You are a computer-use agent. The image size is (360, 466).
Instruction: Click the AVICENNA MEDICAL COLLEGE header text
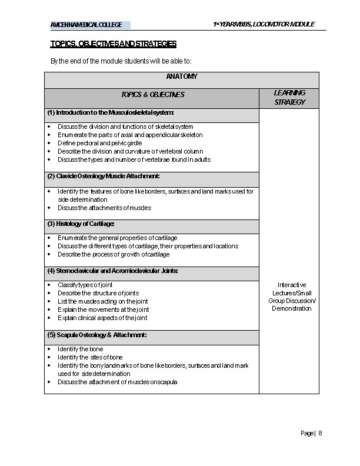86,25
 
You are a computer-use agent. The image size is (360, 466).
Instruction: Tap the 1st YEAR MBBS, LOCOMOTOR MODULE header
264,24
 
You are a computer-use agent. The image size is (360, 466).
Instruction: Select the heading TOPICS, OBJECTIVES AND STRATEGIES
113,44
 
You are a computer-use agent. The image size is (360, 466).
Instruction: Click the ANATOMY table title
182,77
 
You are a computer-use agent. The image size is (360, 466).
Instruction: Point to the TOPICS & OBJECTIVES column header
152,95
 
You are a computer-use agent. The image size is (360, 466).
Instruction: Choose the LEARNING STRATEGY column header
289,98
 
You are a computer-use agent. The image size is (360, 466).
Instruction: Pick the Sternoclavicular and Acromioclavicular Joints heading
112,271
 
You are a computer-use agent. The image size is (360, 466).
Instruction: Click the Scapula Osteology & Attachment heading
97,335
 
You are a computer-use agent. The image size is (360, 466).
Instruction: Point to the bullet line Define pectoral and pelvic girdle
99,143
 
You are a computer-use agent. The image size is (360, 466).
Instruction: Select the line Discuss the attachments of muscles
104,208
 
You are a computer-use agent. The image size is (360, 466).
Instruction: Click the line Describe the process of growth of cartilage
114,255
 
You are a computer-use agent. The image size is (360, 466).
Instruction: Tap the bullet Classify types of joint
85,285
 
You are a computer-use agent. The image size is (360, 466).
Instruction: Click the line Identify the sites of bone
90,357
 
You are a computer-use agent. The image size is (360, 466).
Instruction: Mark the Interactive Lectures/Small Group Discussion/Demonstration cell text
292,297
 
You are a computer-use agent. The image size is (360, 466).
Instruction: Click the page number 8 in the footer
321,433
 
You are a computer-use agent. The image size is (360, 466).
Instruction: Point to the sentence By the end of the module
121,61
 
